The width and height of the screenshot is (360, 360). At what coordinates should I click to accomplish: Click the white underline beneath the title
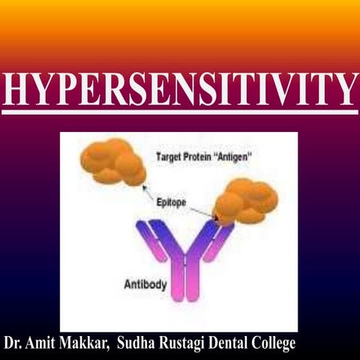click(x=180, y=112)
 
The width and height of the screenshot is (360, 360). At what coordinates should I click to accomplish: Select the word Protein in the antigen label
click(x=202, y=157)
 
